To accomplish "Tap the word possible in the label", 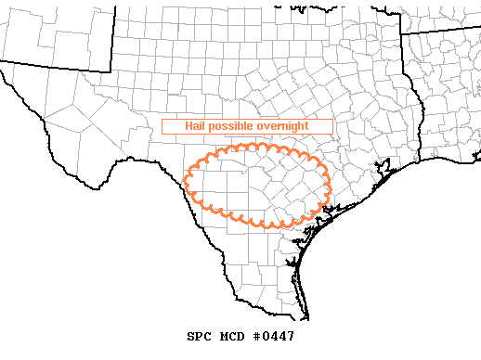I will click(227, 125).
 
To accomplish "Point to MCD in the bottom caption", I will click(230, 336).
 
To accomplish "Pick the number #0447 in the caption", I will click(272, 336).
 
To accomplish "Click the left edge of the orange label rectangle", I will click(162, 125).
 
